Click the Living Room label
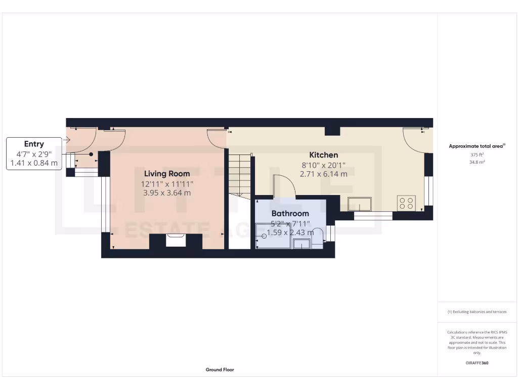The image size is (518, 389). click(167, 174)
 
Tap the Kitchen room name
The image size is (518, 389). click(324, 155)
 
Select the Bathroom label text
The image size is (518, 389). click(290, 214)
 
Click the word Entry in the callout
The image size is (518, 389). click(34, 144)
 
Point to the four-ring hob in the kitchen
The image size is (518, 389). click(407, 203)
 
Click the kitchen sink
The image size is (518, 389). click(359, 204)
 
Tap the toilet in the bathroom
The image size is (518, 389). click(317, 238)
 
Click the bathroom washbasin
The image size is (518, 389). click(301, 244)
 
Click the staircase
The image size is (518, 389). click(239, 175)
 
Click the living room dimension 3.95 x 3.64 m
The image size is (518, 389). click(167, 192)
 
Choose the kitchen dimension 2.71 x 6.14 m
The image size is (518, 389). click(324, 174)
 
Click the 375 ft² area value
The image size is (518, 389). click(477, 155)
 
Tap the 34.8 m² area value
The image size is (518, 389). click(477, 162)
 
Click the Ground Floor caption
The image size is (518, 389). click(220, 370)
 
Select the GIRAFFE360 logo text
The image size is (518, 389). click(477, 363)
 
